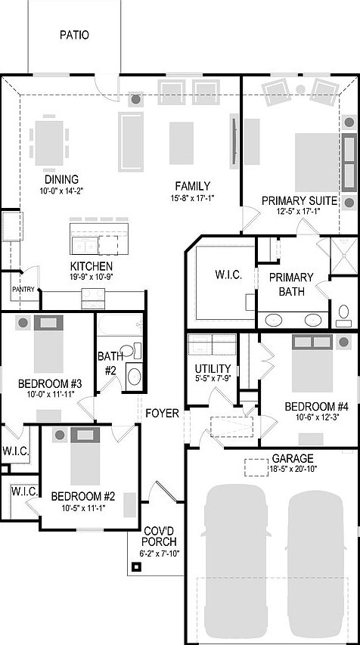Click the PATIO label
[x=73, y=35]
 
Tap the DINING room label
[x=61, y=179]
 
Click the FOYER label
[x=163, y=414]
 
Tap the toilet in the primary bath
[x=344, y=312]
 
